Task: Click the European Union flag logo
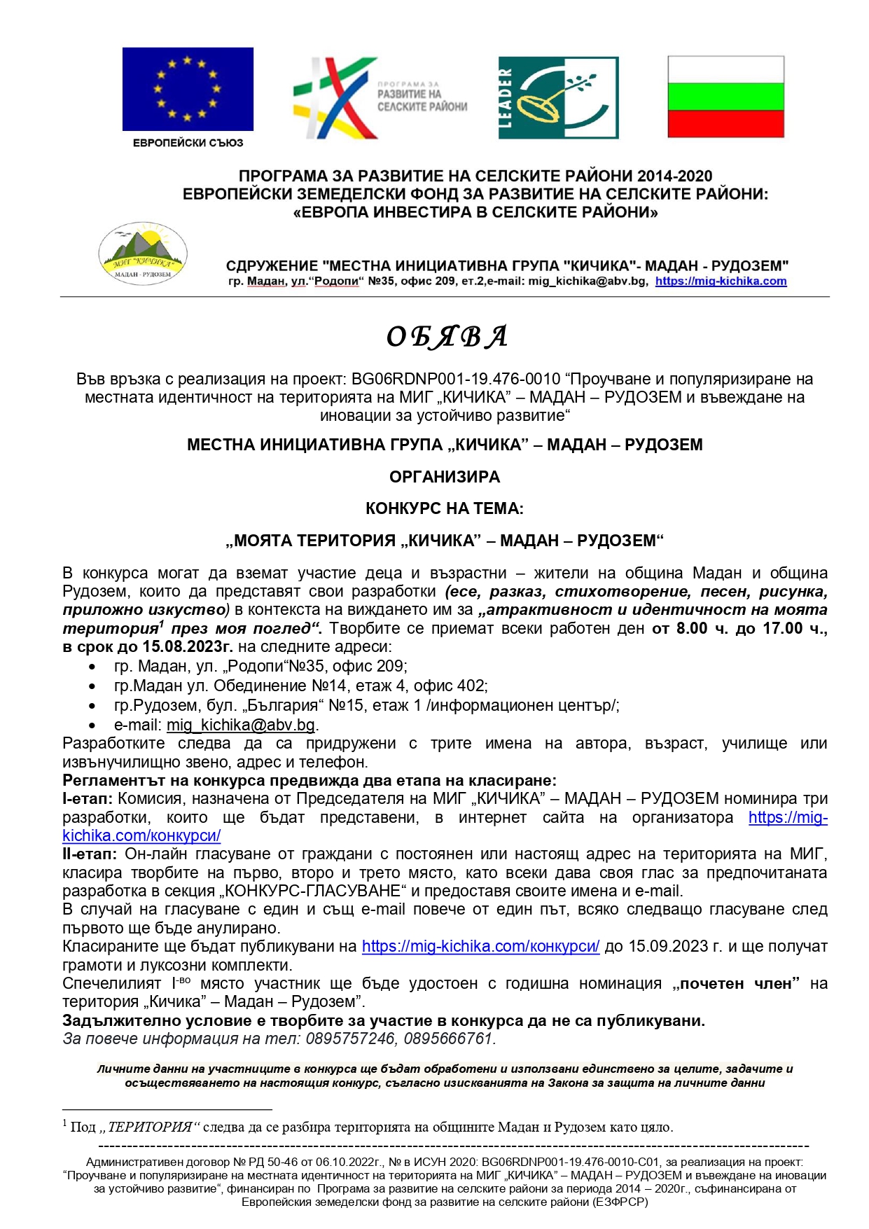[x=188, y=89]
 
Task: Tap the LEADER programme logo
[x=558, y=98]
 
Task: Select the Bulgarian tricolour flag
[x=725, y=97]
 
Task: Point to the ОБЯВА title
[x=446, y=337]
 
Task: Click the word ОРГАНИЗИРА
[x=445, y=477]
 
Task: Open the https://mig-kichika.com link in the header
[x=721, y=282]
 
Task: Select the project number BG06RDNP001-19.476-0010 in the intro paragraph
[x=456, y=380]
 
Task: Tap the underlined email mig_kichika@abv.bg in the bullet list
[x=241, y=725]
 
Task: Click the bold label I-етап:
[x=88, y=799]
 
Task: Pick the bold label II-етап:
[x=90, y=854]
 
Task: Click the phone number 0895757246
[x=350, y=1039]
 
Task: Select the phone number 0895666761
[x=448, y=1039]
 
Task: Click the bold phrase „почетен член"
[x=736, y=984]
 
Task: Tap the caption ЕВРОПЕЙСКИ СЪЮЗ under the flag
[x=188, y=143]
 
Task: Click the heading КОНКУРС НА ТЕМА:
[x=445, y=509]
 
